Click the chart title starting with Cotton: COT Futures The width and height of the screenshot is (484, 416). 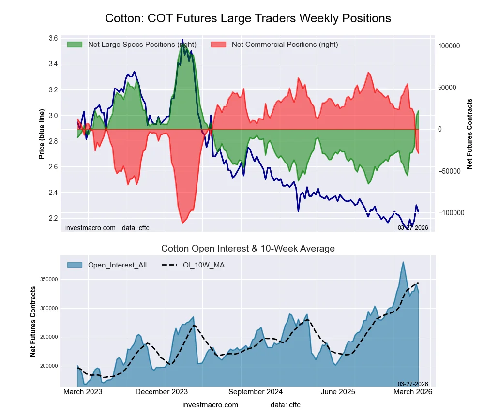tap(248, 18)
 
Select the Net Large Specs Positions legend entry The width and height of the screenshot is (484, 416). tap(131, 45)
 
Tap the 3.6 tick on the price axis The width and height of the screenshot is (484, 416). tap(53, 38)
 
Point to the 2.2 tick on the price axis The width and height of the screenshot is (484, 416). tap(53, 218)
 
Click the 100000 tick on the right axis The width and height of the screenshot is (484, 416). tap(449, 46)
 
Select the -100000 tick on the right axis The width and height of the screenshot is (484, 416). tap(448, 213)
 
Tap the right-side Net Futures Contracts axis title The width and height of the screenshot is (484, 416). tap(469, 134)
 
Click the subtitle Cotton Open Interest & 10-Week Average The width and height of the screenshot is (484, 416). tap(248, 249)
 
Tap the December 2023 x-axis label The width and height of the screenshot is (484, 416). tap(166, 392)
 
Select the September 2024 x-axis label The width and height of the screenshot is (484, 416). tap(255, 392)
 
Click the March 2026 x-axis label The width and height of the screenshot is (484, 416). tap(412, 392)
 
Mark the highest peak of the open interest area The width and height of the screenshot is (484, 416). tap(403, 262)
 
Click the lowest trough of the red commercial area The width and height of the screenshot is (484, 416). tap(182, 223)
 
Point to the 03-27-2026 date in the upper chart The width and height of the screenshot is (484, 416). tap(413, 227)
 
